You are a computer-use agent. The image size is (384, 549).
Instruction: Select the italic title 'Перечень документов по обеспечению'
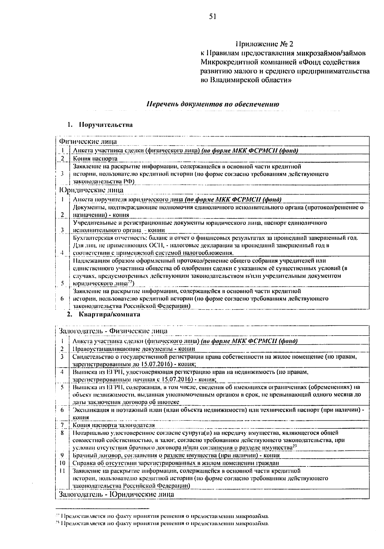[x=213, y=104]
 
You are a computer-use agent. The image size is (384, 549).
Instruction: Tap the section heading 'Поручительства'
[x=106, y=125]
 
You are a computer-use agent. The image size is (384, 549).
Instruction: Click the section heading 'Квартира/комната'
[x=109, y=314]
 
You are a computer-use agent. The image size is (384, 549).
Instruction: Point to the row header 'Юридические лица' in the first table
[x=91, y=190]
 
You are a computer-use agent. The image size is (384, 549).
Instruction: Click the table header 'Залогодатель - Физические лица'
[x=113, y=330]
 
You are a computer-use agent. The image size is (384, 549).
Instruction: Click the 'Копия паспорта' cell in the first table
[x=95, y=158]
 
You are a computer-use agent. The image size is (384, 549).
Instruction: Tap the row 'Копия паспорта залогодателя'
[x=114, y=425]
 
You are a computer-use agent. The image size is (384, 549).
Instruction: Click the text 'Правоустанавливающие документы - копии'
[x=134, y=349]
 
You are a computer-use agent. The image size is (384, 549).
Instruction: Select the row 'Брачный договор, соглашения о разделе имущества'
[x=176, y=455]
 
